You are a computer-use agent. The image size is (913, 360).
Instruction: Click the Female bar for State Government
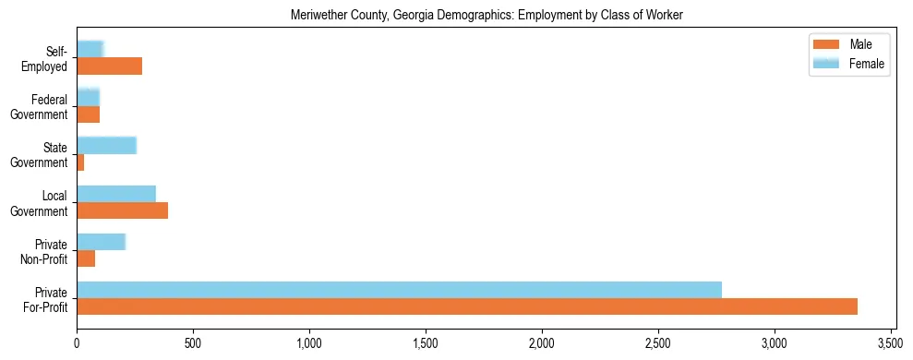click(106, 145)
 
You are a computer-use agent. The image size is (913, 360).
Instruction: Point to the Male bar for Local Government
click(122, 211)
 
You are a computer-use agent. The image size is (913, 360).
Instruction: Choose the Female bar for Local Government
click(116, 193)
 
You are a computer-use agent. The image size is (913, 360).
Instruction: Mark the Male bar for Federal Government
click(88, 114)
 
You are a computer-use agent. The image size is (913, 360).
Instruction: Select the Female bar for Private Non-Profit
click(101, 242)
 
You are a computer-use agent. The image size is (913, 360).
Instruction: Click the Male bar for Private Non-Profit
click(86, 259)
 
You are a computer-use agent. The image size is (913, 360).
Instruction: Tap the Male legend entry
click(849, 44)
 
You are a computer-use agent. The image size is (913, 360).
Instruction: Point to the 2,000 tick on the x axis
click(542, 343)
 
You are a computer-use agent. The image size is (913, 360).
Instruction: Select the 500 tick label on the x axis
click(193, 343)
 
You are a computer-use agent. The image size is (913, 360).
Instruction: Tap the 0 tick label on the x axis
click(77, 343)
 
